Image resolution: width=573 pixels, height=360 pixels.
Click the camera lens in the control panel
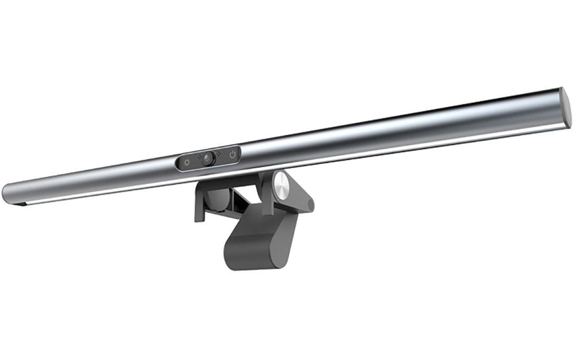[207, 159]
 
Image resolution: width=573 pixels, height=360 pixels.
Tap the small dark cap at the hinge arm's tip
[311, 205]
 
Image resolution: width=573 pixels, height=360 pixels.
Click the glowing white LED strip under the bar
[307, 163]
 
